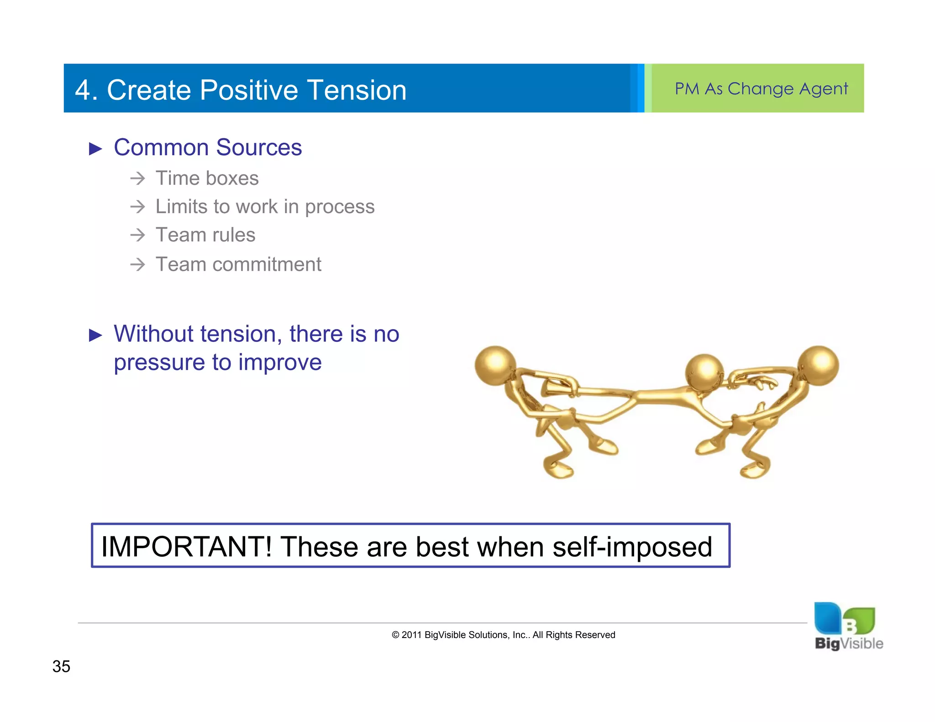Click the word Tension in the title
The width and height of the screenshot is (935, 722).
pos(356,90)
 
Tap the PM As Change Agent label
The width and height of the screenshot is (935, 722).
pos(761,89)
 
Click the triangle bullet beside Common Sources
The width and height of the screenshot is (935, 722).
pos(95,149)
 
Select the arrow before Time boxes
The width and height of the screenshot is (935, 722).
pos(137,178)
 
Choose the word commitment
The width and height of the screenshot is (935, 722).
pos(267,264)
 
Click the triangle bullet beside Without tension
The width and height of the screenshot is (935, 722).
pos(95,335)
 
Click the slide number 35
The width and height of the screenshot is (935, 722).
pos(61,666)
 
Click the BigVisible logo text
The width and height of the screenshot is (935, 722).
pos(849,644)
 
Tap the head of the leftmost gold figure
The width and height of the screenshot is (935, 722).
pos(495,366)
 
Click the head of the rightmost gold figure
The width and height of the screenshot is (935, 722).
pos(818,366)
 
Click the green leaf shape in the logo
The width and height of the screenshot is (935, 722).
pos(861,620)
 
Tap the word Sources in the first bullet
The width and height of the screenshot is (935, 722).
pos(258,148)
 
